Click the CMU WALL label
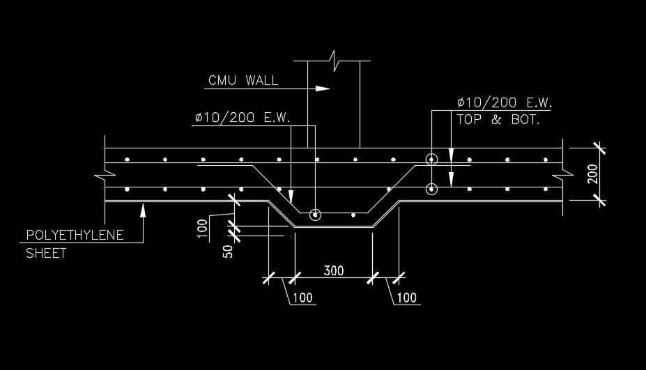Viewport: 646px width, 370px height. pyautogui.click(x=243, y=80)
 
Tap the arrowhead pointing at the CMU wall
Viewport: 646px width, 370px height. pyautogui.click(x=322, y=88)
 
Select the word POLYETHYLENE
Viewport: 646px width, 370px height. pyautogui.click(x=75, y=235)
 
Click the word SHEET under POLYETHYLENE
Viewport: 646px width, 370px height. pyautogui.click(x=46, y=253)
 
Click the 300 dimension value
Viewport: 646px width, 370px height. pyautogui.click(x=334, y=270)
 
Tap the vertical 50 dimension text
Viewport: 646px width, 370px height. pyautogui.click(x=226, y=250)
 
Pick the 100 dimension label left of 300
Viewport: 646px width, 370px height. pyautogui.click(x=303, y=298)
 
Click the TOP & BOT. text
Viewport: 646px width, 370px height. pyautogui.click(x=498, y=119)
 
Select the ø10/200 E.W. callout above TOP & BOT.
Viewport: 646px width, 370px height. pyautogui.click(x=505, y=102)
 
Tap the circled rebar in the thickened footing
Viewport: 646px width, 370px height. pyautogui.click(x=316, y=215)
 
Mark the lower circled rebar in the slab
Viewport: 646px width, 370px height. pyautogui.click(x=431, y=188)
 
